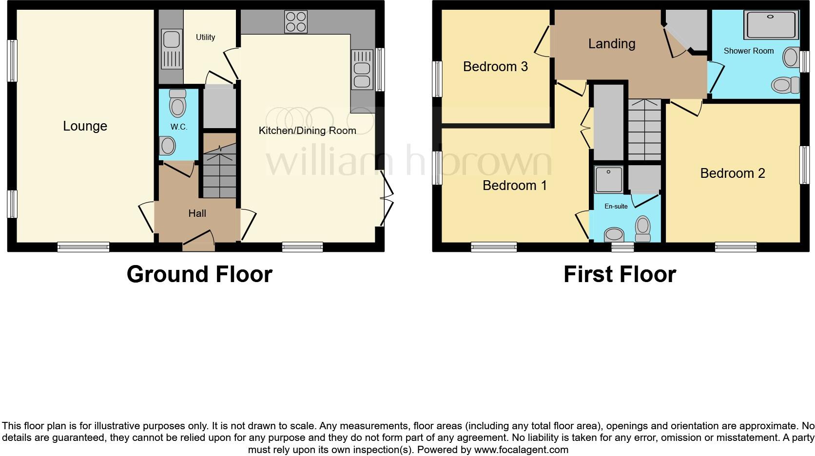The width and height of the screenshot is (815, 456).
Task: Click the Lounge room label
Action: [85, 126]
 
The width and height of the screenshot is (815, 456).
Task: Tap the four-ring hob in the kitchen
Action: [296, 21]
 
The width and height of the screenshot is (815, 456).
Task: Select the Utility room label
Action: [205, 37]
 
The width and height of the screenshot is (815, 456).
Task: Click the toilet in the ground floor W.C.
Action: [177, 103]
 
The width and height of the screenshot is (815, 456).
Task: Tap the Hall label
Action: [197, 213]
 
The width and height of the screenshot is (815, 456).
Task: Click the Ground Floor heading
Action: [199, 274]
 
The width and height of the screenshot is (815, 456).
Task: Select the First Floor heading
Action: [620, 274]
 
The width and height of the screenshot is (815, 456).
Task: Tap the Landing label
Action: [612, 44]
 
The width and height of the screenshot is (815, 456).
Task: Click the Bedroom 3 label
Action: [495, 67]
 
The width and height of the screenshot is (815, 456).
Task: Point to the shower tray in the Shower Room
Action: [771, 24]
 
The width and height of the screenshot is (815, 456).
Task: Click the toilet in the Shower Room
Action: [785, 85]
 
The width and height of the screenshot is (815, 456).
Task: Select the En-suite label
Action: [616, 206]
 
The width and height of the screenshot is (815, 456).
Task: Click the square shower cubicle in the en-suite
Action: [608, 179]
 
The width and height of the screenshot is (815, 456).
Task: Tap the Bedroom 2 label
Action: [732, 173]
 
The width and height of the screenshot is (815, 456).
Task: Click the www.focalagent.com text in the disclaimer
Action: [521, 449]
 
